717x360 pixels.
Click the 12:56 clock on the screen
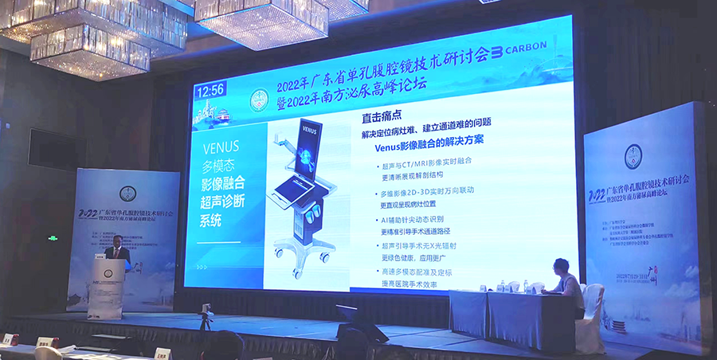point(210,90)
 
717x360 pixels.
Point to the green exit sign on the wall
point(53,237)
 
